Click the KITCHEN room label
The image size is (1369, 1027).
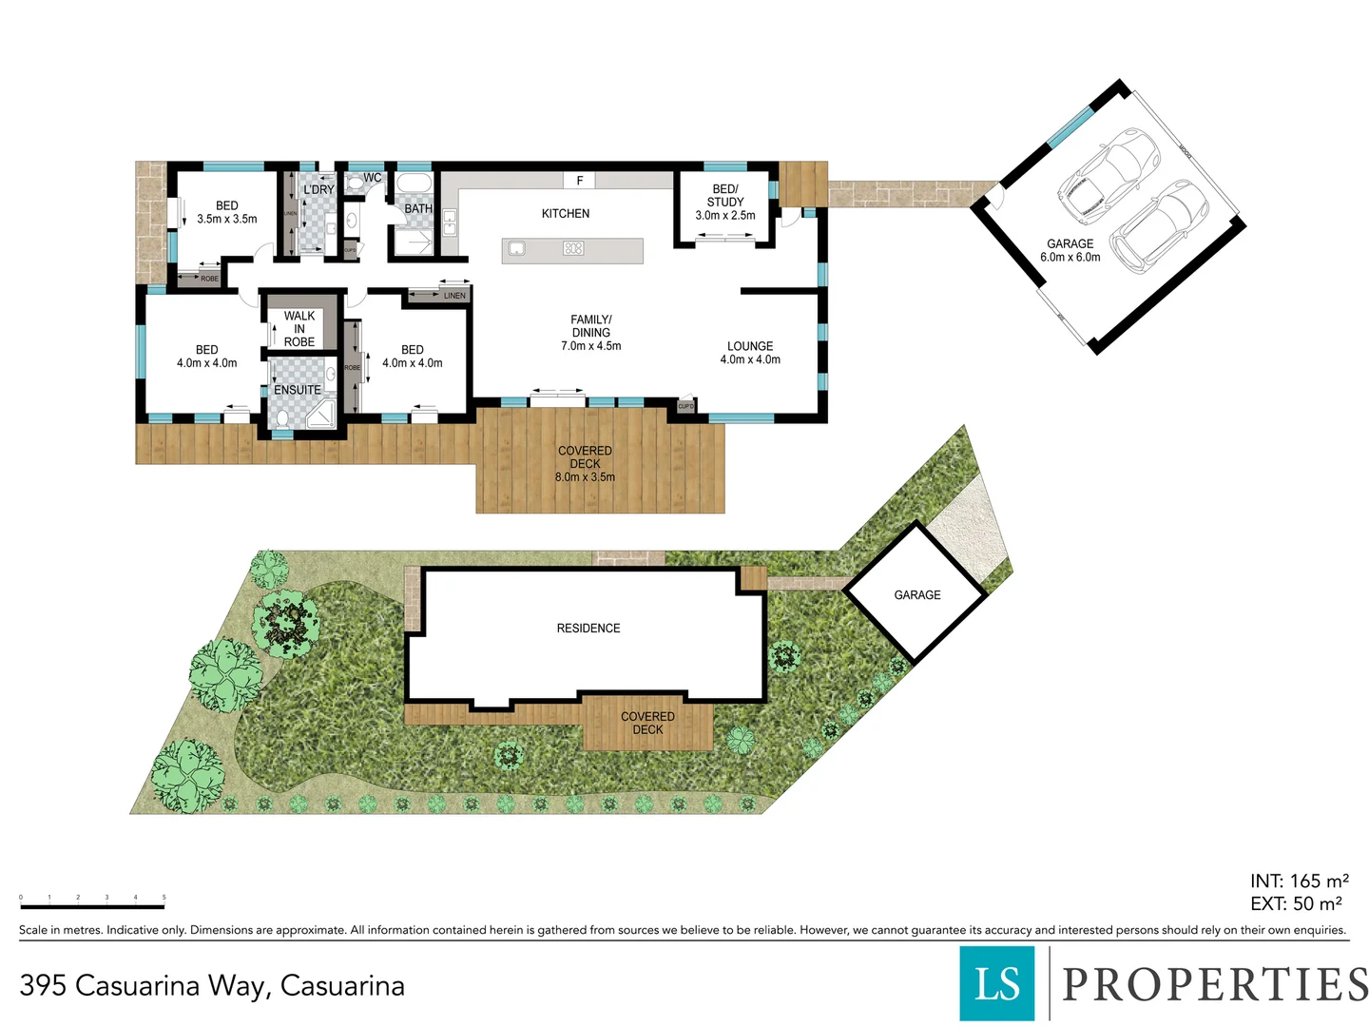tap(566, 214)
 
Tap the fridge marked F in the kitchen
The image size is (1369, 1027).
tap(579, 181)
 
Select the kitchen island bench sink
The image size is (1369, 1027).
tap(517, 249)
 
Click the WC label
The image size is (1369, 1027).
tap(373, 178)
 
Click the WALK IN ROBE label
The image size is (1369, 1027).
tap(299, 329)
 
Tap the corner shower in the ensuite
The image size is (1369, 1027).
tap(321, 414)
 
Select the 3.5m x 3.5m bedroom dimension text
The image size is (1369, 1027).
tap(226, 219)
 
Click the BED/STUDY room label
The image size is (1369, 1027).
tap(725, 196)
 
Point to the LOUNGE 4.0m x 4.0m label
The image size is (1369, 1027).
tap(750, 353)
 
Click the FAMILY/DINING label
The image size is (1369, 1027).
tap(590, 333)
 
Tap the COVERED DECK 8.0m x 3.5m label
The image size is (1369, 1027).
tap(585, 464)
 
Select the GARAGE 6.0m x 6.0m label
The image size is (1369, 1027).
tap(1070, 250)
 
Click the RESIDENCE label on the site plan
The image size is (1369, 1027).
tap(588, 629)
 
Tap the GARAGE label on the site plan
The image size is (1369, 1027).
tap(916, 595)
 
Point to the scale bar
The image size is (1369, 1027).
tap(92, 906)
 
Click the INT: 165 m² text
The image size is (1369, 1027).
tap(1299, 882)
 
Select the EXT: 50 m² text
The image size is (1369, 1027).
tap(1296, 904)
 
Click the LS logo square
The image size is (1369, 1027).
tap(996, 983)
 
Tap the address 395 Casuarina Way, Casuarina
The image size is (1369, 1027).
tap(212, 986)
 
